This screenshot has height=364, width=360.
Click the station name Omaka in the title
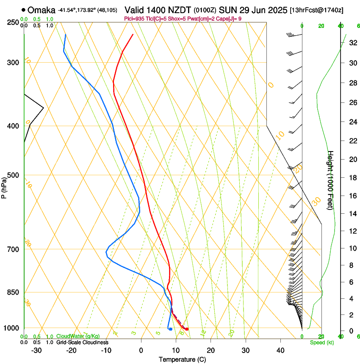[42, 10]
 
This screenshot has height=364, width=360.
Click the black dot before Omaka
[23, 10]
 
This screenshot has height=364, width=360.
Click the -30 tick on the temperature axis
[36, 350]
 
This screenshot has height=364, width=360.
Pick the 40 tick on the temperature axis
[280, 350]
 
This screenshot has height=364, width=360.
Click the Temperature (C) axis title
[182, 359]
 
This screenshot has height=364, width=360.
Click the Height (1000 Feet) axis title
[331, 180]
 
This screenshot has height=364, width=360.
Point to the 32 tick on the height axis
[352, 43]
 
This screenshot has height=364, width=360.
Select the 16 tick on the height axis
[352, 196]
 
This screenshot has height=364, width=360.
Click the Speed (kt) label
[321, 342]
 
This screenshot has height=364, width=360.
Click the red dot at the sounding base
[187, 329]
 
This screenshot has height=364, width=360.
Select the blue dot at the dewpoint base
[170, 329]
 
